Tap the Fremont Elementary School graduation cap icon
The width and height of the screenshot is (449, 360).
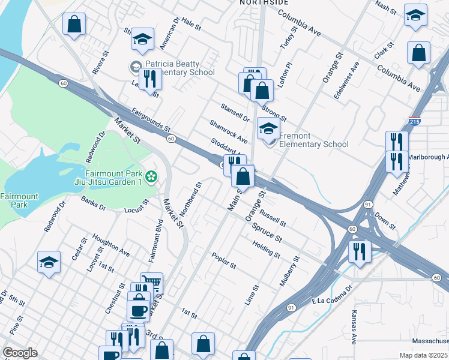click(268, 128)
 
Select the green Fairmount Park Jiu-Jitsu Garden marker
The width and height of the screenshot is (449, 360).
click(151, 176)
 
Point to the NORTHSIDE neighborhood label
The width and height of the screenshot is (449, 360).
click(264, 3)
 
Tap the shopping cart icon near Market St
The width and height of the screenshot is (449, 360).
click(151, 283)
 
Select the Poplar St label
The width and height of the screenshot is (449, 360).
click(224, 260)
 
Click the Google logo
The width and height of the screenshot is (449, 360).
click(20, 353)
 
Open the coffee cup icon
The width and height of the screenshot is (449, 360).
click(138, 310)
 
